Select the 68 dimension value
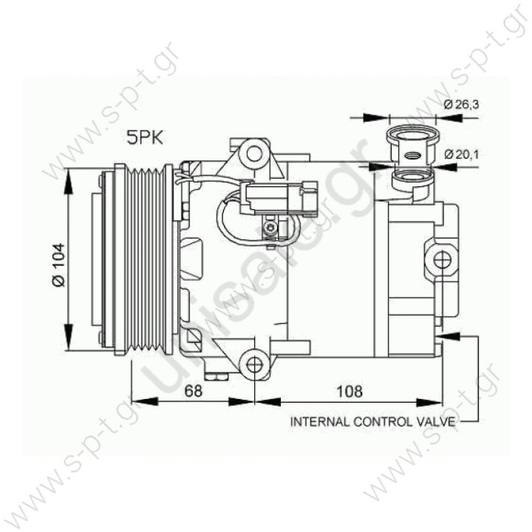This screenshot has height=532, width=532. (x=194, y=391)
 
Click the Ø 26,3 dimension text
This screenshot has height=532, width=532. (x=462, y=106)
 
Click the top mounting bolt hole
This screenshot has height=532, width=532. (x=255, y=154)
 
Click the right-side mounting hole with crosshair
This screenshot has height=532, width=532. (x=442, y=259)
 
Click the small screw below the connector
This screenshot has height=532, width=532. (x=272, y=226)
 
